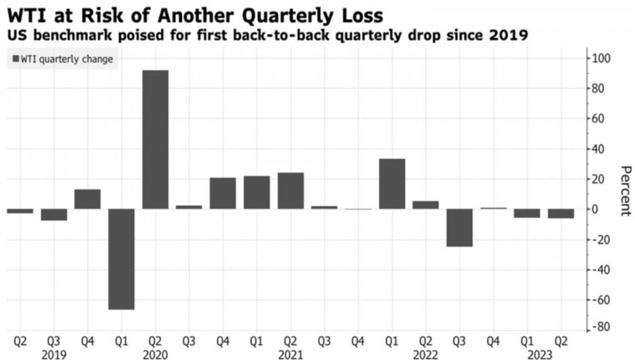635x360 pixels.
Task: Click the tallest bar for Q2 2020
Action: (155, 139)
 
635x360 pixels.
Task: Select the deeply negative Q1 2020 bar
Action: (121, 259)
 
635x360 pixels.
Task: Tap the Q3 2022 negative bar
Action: (459, 227)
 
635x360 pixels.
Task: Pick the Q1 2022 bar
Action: (392, 184)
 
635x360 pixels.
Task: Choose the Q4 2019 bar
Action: (87, 199)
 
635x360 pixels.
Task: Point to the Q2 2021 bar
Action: (291, 191)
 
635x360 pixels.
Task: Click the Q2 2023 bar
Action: (561, 213)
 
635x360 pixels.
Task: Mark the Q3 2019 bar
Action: (54, 215)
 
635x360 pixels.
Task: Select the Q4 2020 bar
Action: (223, 193)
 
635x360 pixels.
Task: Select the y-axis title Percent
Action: (624, 191)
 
